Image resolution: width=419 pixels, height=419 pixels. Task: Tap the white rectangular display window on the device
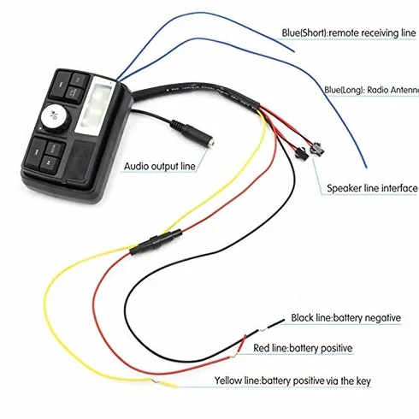tap(96, 106)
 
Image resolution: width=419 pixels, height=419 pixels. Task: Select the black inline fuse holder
tap(156, 242)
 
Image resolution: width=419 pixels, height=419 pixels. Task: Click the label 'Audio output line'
tap(160, 167)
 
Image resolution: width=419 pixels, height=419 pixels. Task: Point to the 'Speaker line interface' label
tap(372, 188)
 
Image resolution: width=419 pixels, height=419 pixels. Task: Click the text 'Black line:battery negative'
tap(345, 318)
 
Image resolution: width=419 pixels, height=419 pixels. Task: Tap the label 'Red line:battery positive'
tap(303, 348)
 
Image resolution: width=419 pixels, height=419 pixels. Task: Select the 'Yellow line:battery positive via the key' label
tap(292, 381)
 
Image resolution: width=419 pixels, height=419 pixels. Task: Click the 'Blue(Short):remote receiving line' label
tap(349, 33)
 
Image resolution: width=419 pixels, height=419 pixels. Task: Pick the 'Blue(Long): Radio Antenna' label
tap(372, 91)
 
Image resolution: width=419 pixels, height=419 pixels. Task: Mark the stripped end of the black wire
tap(263, 330)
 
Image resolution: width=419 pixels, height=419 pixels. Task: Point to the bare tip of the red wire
tap(234, 356)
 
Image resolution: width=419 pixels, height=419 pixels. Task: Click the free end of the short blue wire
tap(293, 51)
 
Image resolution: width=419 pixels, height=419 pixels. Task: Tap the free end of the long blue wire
tap(366, 167)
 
